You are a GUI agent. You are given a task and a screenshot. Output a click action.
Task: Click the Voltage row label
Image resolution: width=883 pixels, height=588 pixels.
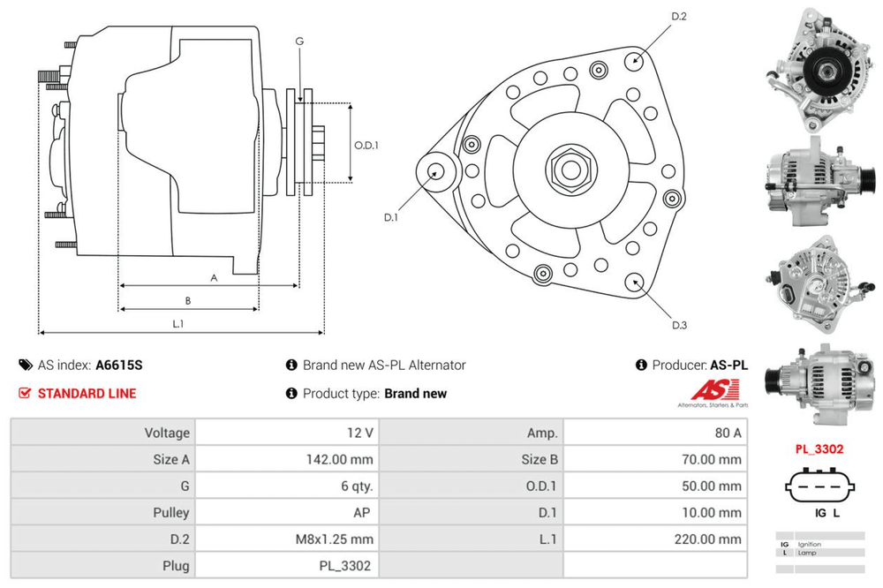click(167, 433)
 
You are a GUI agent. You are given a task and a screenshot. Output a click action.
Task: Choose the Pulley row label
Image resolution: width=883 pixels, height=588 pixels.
click(170, 512)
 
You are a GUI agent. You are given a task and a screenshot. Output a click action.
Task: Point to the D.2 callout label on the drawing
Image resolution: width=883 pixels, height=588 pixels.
click(679, 17)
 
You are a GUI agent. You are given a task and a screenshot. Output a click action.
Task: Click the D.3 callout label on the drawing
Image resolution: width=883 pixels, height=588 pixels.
click(679, 326)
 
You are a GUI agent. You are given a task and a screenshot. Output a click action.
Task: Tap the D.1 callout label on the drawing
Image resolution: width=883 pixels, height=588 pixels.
click(391, 217)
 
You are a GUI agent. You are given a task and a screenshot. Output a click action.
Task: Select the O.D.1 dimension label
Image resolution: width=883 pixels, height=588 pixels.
click(366, 145)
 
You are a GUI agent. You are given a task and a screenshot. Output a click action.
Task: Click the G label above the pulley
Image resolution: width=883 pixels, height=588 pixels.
click(299, 41)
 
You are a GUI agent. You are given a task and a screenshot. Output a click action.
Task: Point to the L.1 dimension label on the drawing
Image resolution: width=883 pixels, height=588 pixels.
click(177, 324)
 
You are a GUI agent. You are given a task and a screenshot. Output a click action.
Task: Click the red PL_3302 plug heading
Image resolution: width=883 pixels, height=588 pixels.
click(819, 449)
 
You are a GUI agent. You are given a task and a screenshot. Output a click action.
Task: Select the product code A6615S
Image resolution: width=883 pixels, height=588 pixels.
click(118, 365)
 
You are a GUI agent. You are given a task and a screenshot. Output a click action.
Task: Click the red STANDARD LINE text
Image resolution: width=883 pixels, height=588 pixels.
click(87, 393)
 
